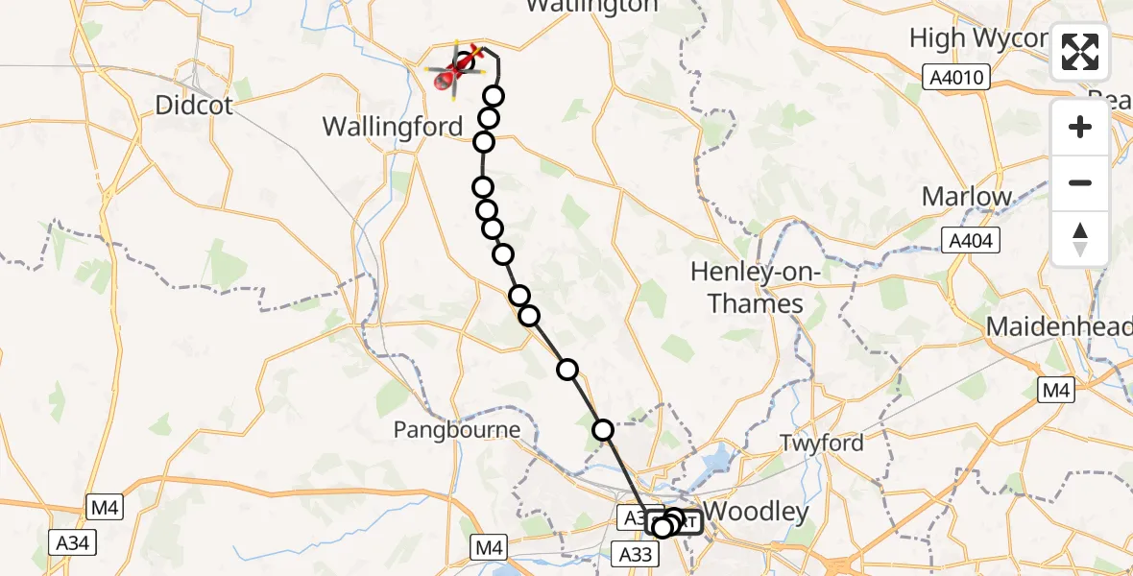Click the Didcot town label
[x=195, y=105]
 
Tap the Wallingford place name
[x=393, y=126]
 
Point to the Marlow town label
[x=967, y=197]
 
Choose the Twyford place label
[x=821, y=443]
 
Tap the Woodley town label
[x=757, y=512]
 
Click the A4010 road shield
[x=959, y=77]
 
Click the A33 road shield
[x=636, y=553]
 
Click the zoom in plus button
[x=1080, y=127]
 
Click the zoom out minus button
[x=1080, y=182]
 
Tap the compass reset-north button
[x=1080, y=238]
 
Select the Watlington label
[x=591, y=6]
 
